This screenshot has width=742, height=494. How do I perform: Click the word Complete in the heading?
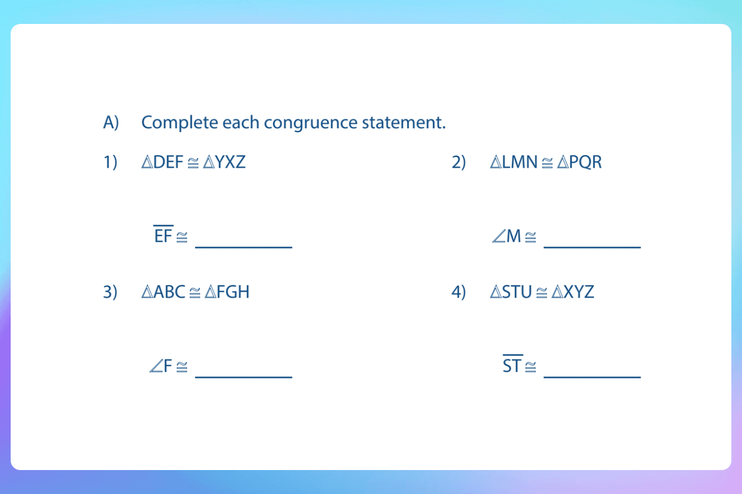click(x=180, y=123)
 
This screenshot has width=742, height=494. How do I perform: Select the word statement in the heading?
click(x=403, y=123)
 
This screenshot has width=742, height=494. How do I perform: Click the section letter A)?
click(x=111, y=123)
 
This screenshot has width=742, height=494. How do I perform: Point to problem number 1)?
click(x=110, y=162)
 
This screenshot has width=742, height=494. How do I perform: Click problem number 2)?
click(x=458, y=162)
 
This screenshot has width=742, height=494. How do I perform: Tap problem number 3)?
click(x=110, y=292)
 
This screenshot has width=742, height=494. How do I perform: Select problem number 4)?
click(x=458, y=292)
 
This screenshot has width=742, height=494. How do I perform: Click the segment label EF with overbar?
click(x=163, y=235)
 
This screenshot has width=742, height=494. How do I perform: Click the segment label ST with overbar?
click(x=512, y=365)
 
